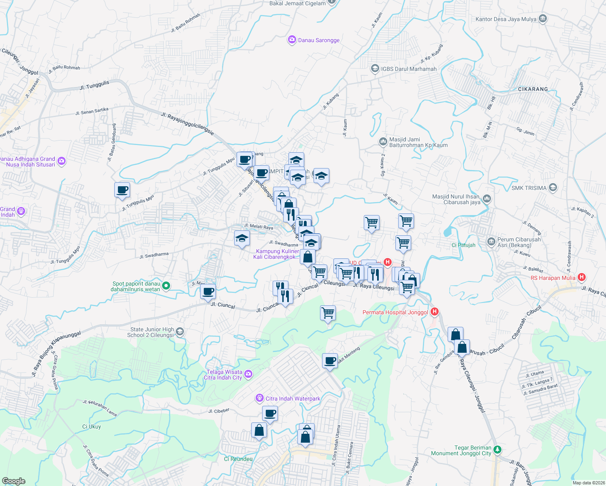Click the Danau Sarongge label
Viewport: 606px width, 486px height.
(x=319, y=40)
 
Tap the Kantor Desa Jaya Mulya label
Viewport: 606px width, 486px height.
(x=506, y=19)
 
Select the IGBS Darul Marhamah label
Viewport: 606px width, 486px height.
(x=409, y=69)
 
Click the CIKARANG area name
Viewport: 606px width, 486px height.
(x=533, y=89)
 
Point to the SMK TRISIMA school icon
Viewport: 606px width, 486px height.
(x=553, y=188)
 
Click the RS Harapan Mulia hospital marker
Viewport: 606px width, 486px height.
(x=582, y=277)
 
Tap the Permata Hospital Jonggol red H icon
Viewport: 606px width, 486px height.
(x=435, y=312)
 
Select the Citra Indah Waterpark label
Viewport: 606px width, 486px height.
(x=293, y=399)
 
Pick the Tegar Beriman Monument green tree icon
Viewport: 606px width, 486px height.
(x=497, y=450)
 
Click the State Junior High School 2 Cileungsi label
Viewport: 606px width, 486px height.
(x=152, y=332)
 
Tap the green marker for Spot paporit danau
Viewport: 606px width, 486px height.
(x=166, y=286)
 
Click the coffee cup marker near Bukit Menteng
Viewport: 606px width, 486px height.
(x=330, y=360)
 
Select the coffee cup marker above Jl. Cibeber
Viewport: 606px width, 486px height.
(x=270, y=414)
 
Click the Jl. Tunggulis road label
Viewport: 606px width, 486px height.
(x=94, y=85)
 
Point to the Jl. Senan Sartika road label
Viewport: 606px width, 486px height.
(x=92, y=111)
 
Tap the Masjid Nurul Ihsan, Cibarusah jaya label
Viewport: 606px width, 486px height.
(x=456, y=199)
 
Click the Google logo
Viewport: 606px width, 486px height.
(x=14, y=481)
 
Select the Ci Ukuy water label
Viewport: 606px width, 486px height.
(x=92, y=426)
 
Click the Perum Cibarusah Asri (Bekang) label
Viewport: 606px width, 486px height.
(x=519, y=242)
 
